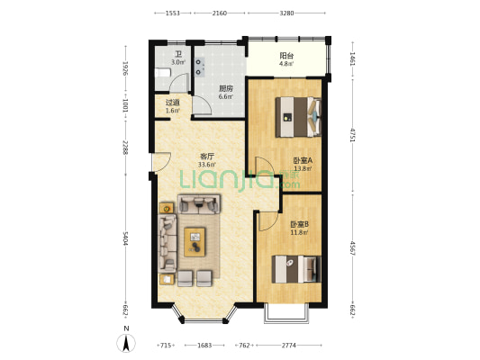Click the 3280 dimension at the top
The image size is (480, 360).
286,13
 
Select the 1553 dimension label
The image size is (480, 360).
173,13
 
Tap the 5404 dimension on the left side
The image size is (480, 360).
125,238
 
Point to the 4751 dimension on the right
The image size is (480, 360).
353,135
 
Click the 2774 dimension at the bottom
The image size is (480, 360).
289,346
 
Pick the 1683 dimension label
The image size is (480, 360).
204,346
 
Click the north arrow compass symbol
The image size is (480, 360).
126,343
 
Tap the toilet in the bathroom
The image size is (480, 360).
162,73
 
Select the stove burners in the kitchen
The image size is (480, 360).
200,67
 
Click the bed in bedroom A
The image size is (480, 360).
298,117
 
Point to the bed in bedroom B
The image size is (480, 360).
296,269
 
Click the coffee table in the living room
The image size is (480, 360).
195,241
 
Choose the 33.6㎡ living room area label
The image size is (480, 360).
206,165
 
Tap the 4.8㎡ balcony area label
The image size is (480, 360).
286,64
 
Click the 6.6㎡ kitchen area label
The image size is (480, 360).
225,96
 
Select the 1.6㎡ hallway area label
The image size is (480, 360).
172,111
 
